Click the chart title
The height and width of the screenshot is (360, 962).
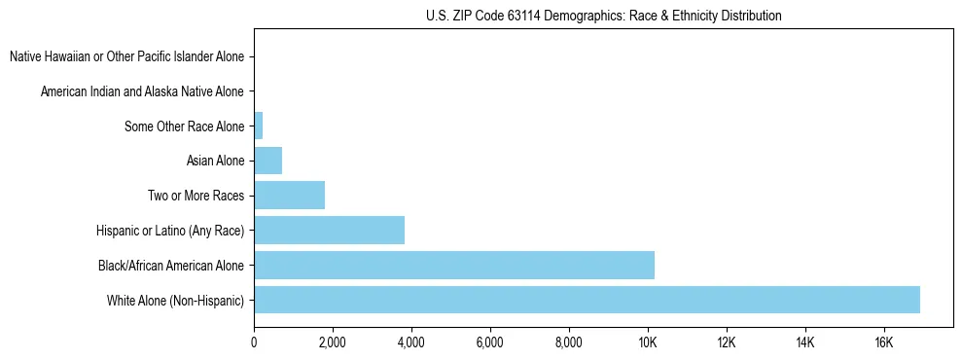point(603,17)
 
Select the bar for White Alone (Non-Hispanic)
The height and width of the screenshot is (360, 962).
point(587,300)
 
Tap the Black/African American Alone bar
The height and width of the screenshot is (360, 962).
point(454,265)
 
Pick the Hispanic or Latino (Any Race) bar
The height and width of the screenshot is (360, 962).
point(329,231)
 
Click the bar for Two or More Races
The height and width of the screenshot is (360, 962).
point(289,196)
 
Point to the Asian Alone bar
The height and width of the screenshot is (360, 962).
point(267,161)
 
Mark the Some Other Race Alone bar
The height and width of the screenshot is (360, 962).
point(258,126)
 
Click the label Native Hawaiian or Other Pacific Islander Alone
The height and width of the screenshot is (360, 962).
point(126,56)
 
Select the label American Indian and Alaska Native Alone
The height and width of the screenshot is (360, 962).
point(142,91)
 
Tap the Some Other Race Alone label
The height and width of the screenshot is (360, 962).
point(184,126)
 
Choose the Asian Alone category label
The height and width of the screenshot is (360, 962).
point(215,161)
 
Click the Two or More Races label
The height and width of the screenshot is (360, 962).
point(196,196)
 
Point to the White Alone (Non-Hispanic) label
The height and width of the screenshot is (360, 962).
point(176,300)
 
